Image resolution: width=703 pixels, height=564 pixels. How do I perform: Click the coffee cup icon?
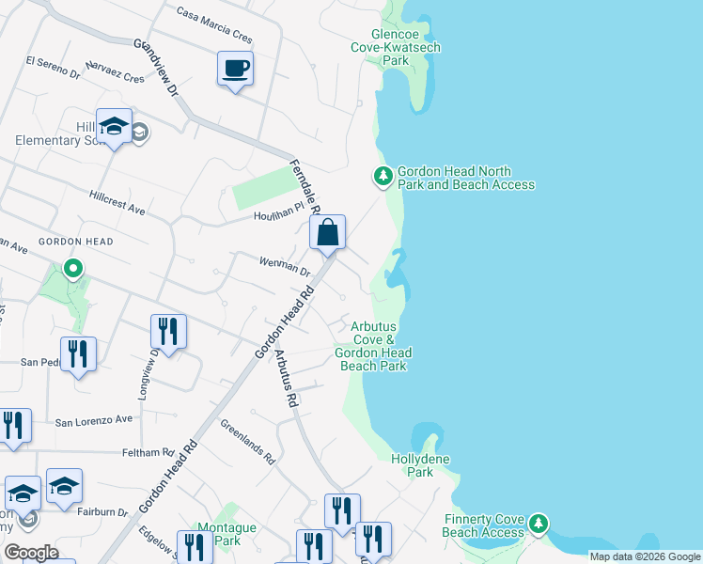click(x=235, y=69)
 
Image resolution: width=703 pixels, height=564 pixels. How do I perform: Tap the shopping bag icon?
click(x=328, y=233)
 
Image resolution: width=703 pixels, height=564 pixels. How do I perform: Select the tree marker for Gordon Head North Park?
click(x=383, y=176)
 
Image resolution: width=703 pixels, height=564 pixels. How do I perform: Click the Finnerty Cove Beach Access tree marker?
click(x=538, y=522)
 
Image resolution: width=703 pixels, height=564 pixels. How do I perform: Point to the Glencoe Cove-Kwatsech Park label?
click(x=396, y=47)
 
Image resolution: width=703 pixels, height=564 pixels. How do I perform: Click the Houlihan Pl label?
click(x=280, y=215)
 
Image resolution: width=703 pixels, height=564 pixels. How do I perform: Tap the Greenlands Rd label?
click(x=248, y=442)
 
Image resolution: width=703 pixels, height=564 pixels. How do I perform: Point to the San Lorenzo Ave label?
click(x=93, y=421)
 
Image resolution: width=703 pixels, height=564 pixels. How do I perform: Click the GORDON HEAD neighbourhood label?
click(x=75, y=242)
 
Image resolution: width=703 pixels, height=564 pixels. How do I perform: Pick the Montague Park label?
click(x=227, y=534)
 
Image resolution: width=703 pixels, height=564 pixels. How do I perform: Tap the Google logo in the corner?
click(x=32, y=553)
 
